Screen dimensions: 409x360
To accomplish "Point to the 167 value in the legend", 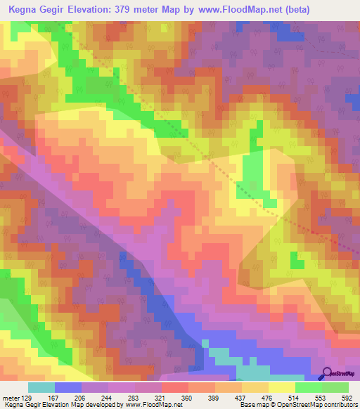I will (54, 398).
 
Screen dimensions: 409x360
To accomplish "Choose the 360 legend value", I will (188, 398).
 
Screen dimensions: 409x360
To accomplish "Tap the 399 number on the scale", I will (215, 398).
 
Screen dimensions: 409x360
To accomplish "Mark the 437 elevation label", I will (242, 398).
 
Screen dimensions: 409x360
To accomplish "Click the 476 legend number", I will (269, 398).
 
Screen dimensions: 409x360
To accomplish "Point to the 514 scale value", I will (295, 398).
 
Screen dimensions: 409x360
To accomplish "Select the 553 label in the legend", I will (322, 398).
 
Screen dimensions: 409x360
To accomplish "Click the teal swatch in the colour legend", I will (41, 387).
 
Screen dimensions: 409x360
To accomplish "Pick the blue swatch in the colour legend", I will (68, 387).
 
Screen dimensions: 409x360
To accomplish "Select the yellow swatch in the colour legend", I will (282, 387).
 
